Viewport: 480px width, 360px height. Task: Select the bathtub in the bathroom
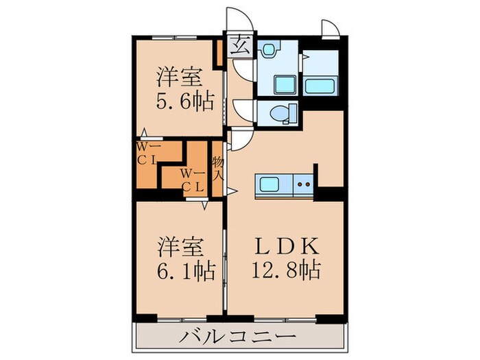[319, 86]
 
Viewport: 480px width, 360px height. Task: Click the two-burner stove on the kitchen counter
[304, 184]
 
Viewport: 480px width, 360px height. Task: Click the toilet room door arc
[243, 110]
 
